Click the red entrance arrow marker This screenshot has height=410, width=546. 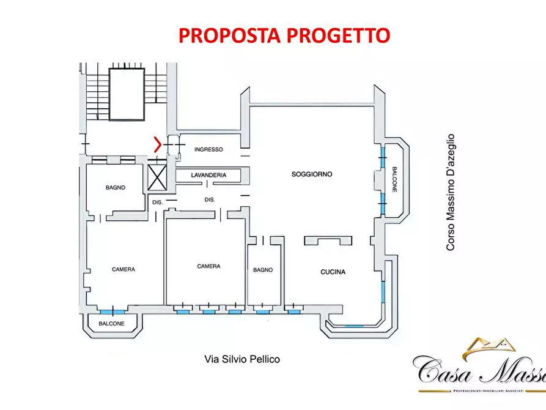(x=158, y=145)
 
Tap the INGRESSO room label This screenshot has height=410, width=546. (x=208, y=150)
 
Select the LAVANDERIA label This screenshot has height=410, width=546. (x=208, y=175)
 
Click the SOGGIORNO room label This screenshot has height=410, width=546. (x=312, y=174)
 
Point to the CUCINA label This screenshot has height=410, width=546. (x=333, y=272)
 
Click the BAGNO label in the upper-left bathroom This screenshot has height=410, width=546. (x=115, y=188)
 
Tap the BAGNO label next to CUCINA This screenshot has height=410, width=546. (x=263, y=270)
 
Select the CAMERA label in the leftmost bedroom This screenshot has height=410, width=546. (x=124, y=269)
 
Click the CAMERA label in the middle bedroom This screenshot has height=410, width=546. (x=208, y=266)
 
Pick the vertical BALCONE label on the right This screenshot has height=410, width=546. (x=394, y=180)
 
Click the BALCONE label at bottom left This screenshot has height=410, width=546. (x=112, y=324)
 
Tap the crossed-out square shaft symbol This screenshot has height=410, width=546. (x=158, y=179)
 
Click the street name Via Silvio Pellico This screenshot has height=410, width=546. (x=242, y=359)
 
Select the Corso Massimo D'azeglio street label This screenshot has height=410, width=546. (x=451, y=192)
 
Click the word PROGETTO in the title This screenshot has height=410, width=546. (x=336, y=35)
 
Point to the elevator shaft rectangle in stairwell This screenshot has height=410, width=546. (x=127, y=94)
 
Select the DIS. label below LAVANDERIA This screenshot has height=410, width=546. (x=209, y=199)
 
